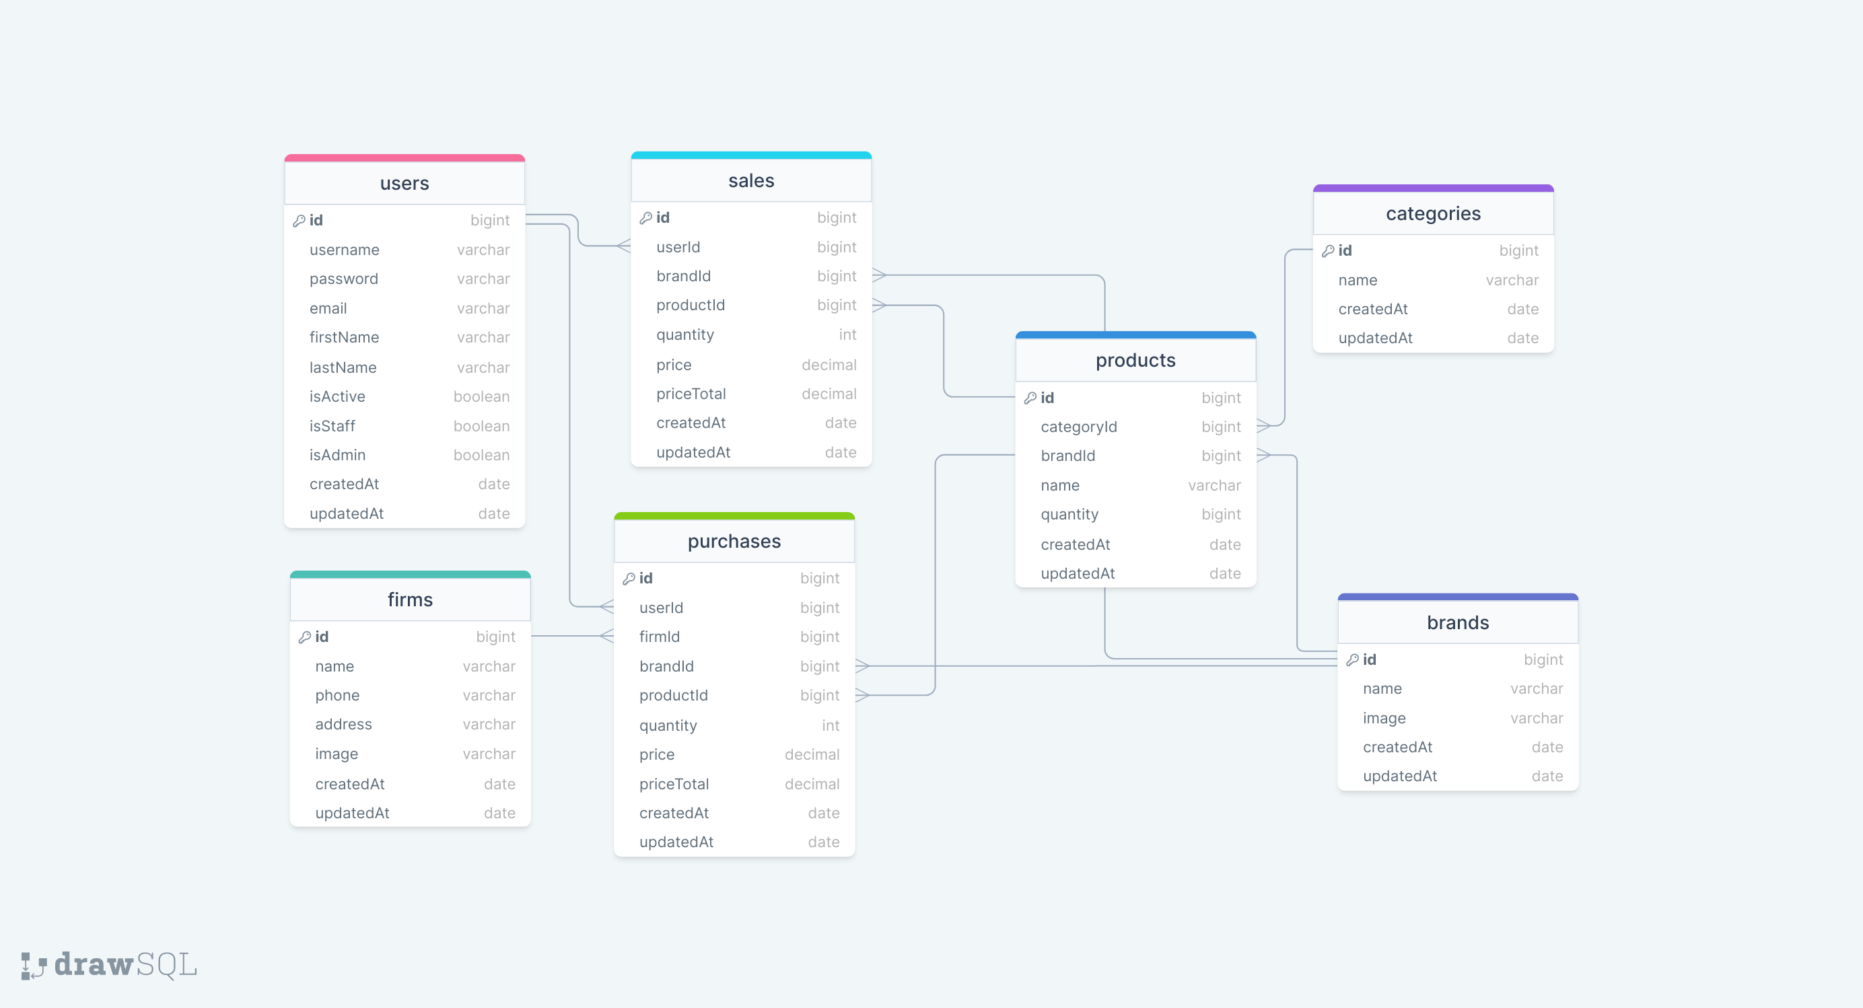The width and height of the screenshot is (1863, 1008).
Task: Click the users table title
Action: click(405, 184)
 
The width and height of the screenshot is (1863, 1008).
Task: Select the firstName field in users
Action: click(344, 338)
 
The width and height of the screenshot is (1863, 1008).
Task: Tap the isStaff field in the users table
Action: click(332, 427)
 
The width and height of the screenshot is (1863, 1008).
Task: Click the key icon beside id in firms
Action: click(305, 637)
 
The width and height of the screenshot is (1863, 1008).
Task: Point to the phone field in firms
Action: click(337, 696)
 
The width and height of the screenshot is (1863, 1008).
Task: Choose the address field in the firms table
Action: click(343, 725)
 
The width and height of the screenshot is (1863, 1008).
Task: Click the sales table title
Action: click(750, 181)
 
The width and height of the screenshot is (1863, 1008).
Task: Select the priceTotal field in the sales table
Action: click(691, 394)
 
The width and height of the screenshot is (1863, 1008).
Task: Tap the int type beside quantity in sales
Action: click(847, 335)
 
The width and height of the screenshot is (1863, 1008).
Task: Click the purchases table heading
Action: click(734, 542)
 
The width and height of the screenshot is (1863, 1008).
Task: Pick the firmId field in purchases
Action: click(659, 637)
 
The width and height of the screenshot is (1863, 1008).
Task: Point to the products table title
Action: click(1135, 361)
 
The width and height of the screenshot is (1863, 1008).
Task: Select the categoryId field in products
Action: click(1078, 427)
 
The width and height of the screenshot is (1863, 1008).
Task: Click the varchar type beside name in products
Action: click(1214, 486)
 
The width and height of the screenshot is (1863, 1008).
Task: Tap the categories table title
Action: click(1433, 214)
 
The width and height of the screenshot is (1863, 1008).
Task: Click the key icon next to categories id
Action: click(1328, 251)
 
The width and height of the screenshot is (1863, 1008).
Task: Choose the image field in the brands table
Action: click(1384, 719)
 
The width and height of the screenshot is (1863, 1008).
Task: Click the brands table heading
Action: click(1457, 623)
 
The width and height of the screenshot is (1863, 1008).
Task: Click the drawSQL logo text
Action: click(125, 966)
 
